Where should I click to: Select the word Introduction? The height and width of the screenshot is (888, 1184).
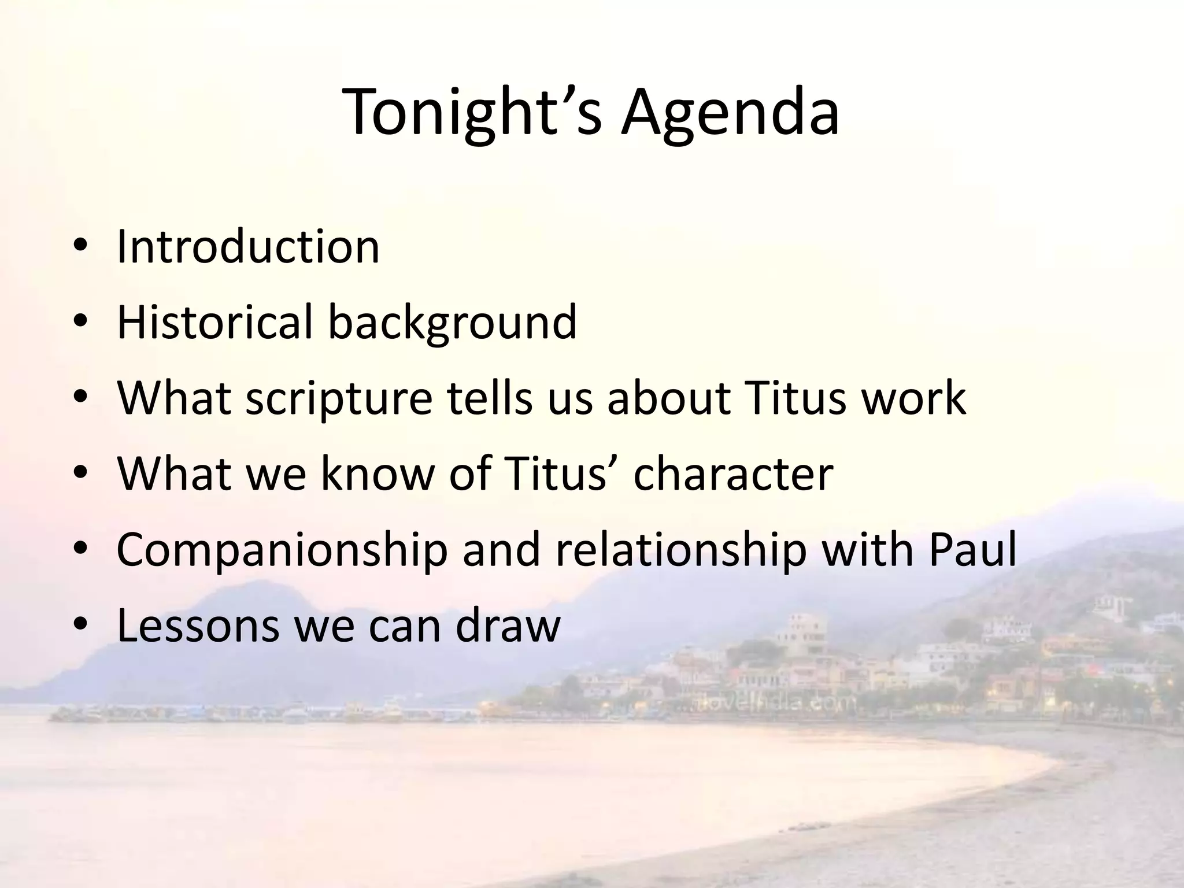click(248, 247)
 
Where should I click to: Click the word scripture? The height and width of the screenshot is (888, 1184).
click(339, 399)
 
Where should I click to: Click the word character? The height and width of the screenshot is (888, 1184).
click(733, 474)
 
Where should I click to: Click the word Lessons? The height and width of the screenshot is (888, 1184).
click(198, 626)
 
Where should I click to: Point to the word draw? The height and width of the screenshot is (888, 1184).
click(508, 626)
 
